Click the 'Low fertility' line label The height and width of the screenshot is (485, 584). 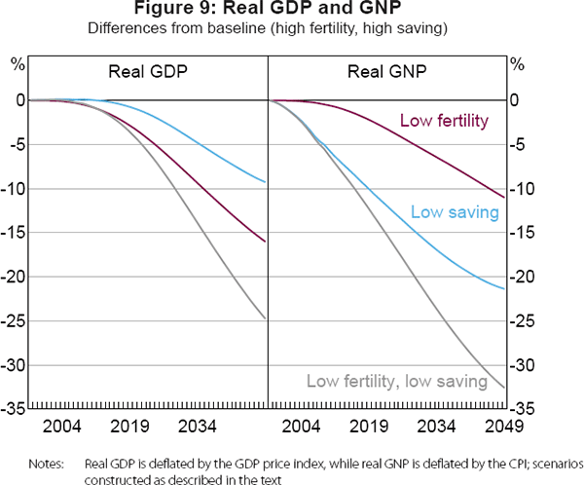pos(444,121)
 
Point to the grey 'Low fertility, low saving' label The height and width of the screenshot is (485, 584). pos(396,381)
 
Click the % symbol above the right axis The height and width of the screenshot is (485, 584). pos(518,64)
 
